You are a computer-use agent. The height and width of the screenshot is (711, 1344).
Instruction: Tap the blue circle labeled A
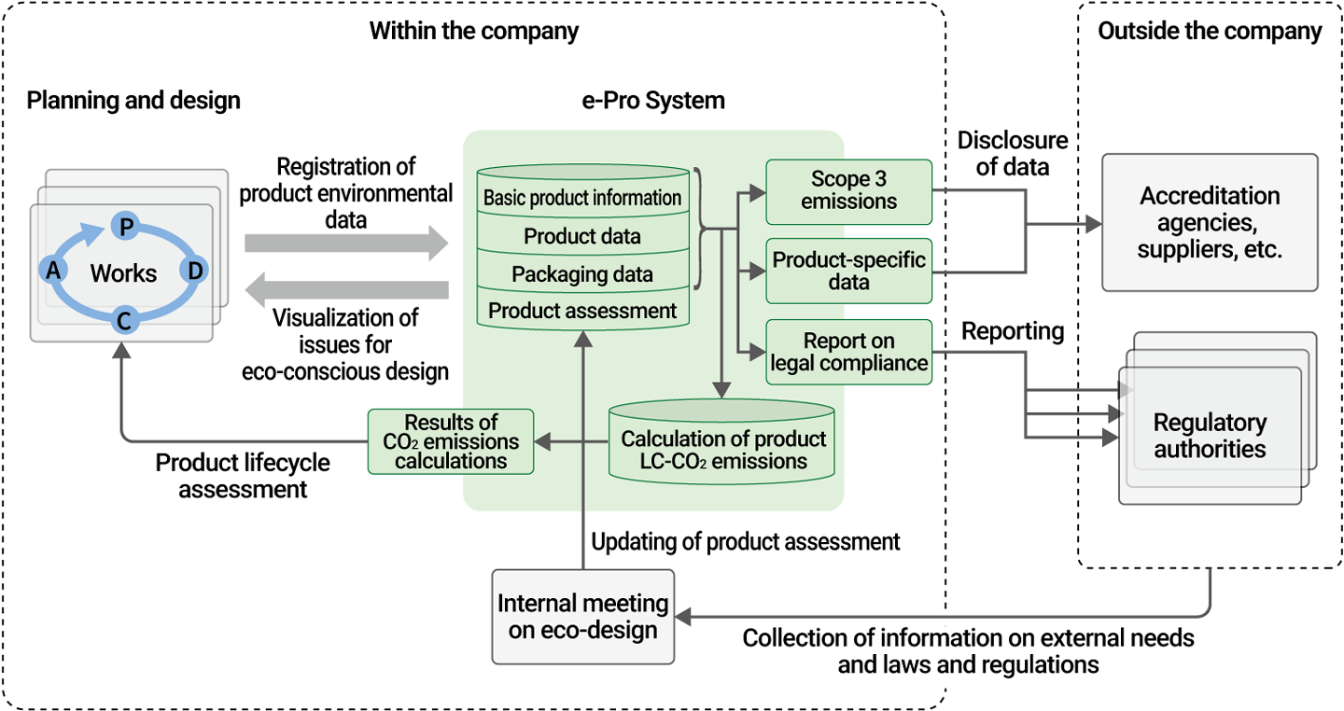[52, 271]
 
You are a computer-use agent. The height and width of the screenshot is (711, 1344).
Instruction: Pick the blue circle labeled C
[123, 322]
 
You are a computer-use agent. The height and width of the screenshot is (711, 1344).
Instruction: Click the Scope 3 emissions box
[848, 191]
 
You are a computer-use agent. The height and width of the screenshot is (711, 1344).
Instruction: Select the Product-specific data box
[848, 271]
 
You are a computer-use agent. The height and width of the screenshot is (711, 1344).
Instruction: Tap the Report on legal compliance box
[848, 352]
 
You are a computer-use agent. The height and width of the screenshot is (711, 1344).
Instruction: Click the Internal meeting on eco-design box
[582, 617]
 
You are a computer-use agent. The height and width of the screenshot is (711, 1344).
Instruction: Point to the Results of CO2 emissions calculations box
[451, 441]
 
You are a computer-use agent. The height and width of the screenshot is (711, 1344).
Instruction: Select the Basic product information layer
[582, 198]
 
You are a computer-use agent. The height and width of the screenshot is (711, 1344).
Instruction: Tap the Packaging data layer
[582, 274]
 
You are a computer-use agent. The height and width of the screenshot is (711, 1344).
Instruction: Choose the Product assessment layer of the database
[582, 312]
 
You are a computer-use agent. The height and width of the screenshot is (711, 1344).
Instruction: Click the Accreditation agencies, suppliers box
[1210, 222]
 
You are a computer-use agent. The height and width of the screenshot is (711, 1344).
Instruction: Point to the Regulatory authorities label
[1210, 436]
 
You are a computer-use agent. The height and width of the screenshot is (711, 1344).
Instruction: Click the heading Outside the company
[1210, 31]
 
